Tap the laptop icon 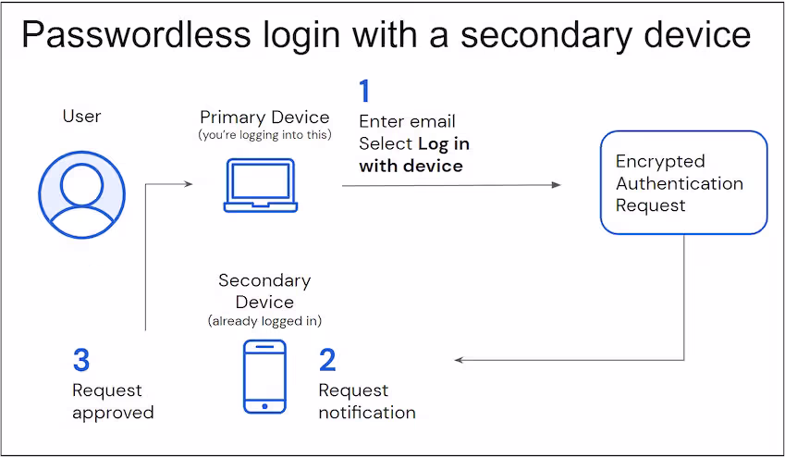pyautogui.click(x=260, y=185)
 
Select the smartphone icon pyautogui.click(x=264, y=376)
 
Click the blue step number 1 pyautogui.click(x=364, y=92)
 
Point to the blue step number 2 pyautogui.click(x=327, y=360)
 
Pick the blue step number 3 pyautogui.click(x=81, y=360)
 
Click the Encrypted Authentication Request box pyautogui.click(x=683, y=182)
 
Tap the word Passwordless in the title pyautogui.click(x=135, y=34)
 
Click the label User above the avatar pyautogui.click(x=81, y=116)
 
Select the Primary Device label pyautogui.click(x=264, y=118)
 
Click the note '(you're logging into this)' pyautogui.click(x=264, y=135)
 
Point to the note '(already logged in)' pyautogui.click(x=264, y=321)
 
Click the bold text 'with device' pyautogui.click(x=411, y=166)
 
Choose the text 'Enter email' pyautogui.click(x=407, y=121)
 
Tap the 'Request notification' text pyautogui.click(x=367, y=401)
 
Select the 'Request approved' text pyautogui.click(x=113, y=401)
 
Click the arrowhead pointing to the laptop pyautogui.click(x=189, y=184)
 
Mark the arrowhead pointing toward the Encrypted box pyautogui.click(x=556, y=185)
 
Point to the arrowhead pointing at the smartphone pyautogui.click(x=460, y=360)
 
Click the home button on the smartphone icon pyautogui.click(x=264, y=404)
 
